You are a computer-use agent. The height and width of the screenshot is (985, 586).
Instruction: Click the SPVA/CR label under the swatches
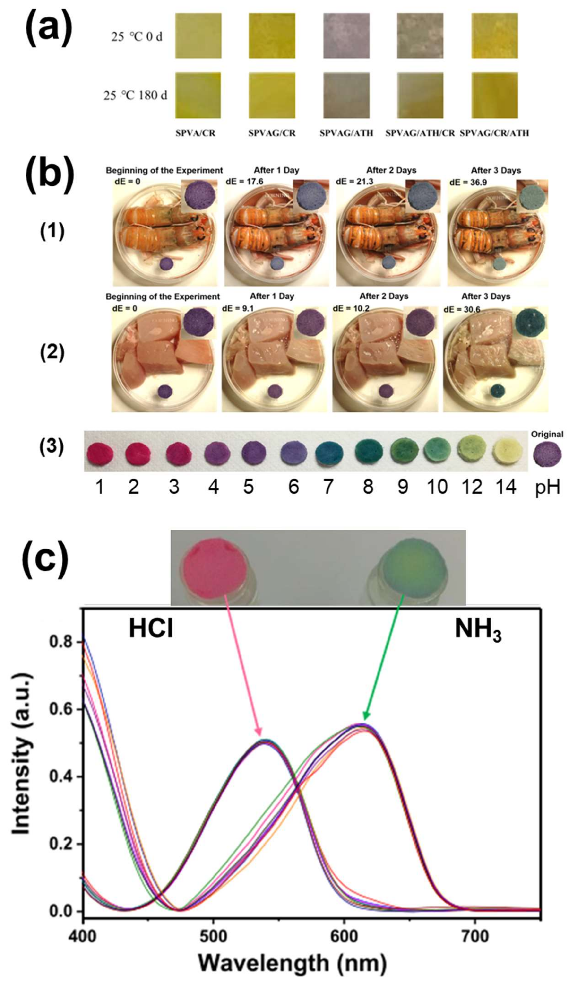(x=196, y=133)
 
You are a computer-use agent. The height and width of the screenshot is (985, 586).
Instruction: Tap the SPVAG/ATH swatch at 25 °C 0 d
(x=346, y=36)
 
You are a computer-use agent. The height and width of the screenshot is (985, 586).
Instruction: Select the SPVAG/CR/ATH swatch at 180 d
(x=494, y=95)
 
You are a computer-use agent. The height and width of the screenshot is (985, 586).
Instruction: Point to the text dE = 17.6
(x=244, y=182)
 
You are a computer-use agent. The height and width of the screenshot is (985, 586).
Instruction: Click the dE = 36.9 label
(x=468, y=182)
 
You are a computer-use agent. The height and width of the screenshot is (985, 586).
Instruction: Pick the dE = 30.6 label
(x=462, y=309)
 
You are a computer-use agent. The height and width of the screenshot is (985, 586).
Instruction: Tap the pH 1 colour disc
(x=100, y=453)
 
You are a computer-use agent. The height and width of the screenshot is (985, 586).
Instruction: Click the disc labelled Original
(x=547, y=454)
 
